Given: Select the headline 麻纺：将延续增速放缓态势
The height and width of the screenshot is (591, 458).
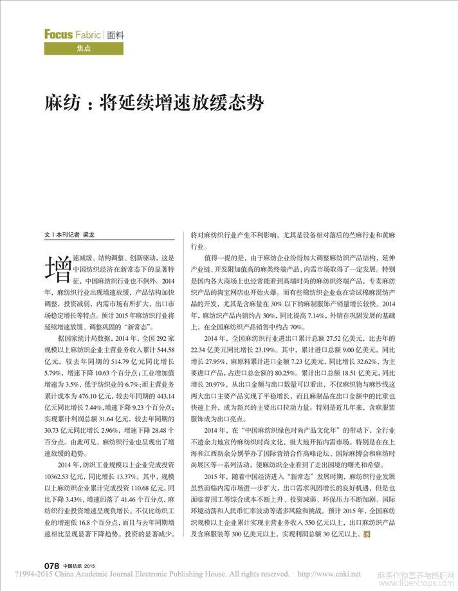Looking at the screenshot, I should [154, 103].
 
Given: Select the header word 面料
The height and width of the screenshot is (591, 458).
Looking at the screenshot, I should [116, 35].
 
